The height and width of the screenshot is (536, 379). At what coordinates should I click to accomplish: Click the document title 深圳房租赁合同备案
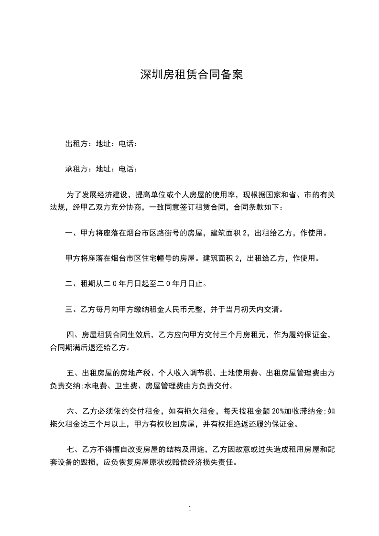[191, 75]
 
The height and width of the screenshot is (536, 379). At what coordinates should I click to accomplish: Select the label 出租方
[76, 143]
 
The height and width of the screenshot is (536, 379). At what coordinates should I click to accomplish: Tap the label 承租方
[76, 169]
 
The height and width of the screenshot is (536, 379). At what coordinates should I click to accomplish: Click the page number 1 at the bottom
[190, 509]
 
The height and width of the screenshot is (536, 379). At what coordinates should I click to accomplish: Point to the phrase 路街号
[165, 233]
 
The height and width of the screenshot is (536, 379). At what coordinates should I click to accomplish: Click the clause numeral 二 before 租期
[68, 284]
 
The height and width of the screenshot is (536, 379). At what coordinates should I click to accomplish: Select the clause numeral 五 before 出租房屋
[70, 373]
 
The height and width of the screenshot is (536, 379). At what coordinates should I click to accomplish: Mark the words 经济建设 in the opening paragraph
[111, 195]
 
